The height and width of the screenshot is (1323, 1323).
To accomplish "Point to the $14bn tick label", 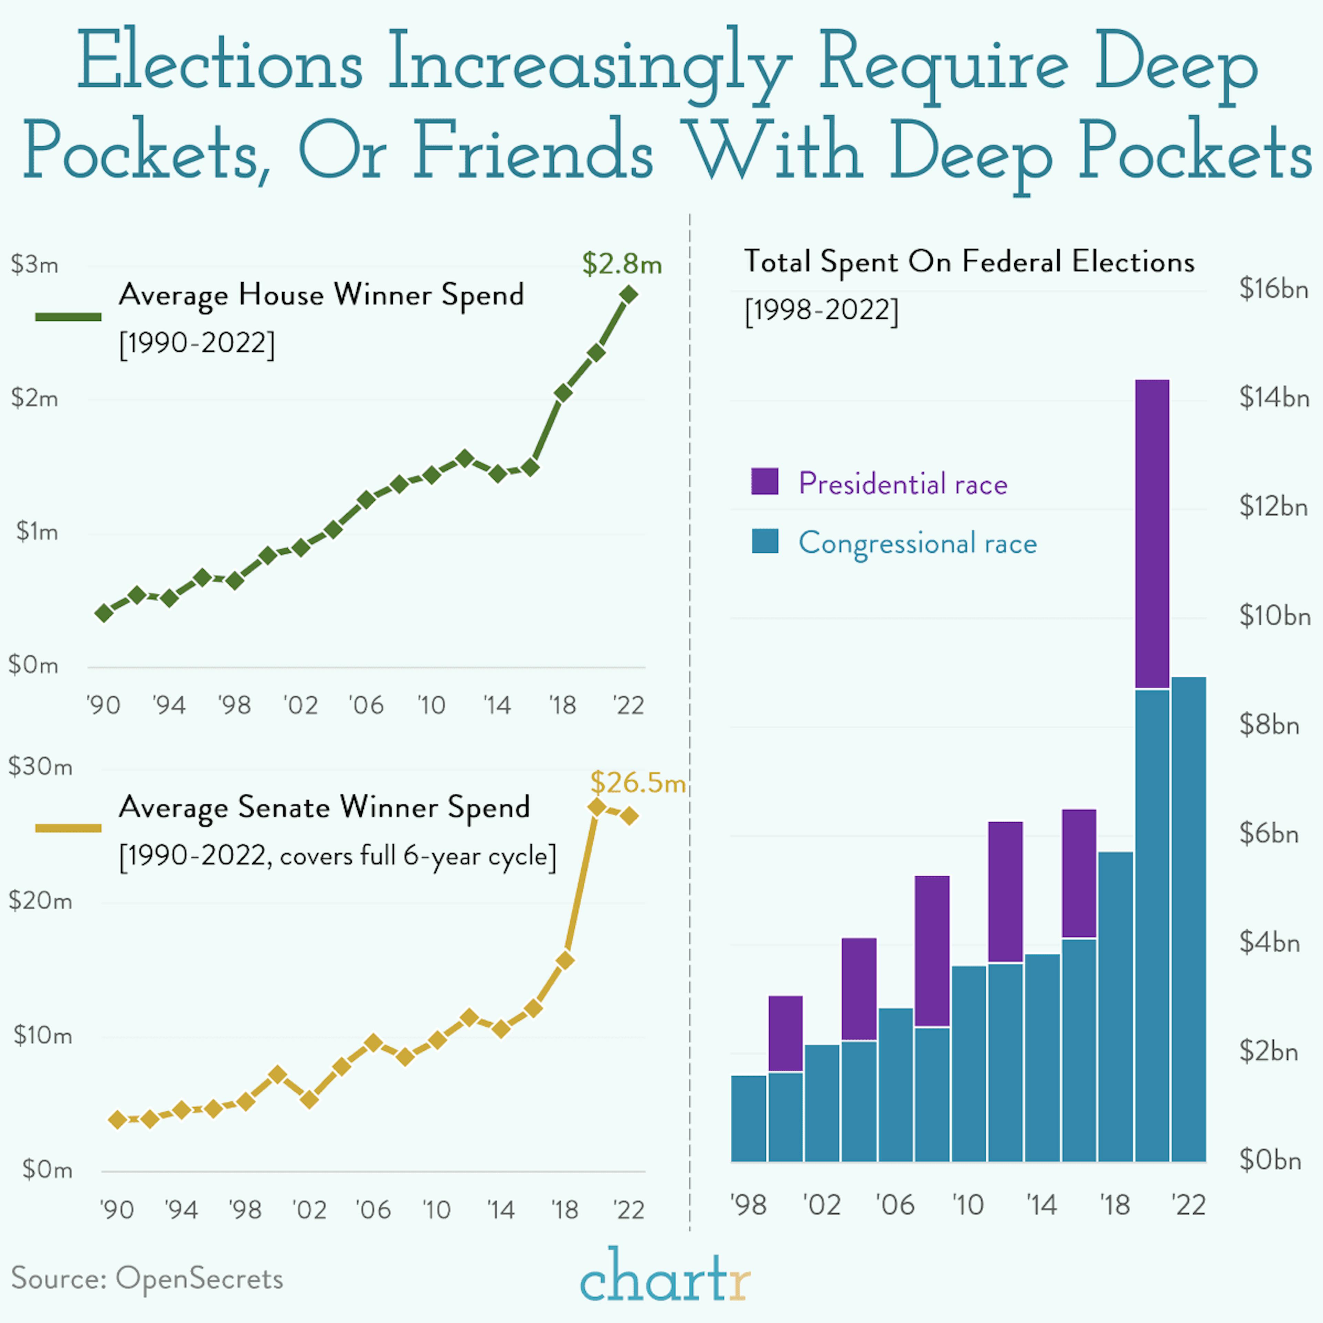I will (x=1274, y=398).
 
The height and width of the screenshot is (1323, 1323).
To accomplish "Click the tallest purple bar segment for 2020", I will (x=1152, y=534).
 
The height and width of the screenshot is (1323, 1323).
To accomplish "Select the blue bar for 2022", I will (x=1188, y=917).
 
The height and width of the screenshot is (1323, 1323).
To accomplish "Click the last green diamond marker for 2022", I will (x=629, y=295).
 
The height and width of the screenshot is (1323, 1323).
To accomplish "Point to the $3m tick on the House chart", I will (x=34, y=264).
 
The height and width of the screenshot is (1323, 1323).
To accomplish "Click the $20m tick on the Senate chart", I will (x=40, y=901).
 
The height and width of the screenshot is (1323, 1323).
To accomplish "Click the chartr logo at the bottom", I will (x=664, y=1275).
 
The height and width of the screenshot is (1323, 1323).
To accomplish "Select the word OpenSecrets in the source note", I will (x=198, y=1279).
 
